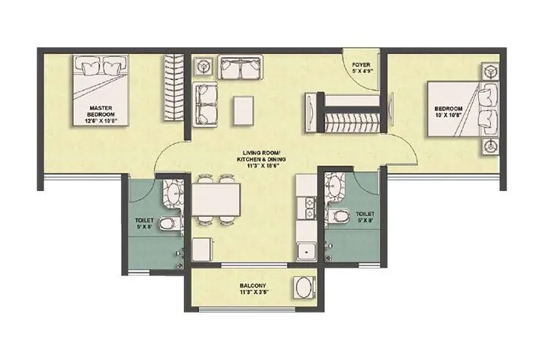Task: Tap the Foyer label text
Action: tap(361, 66)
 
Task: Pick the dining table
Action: tap(216, 199)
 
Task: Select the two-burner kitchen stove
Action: tap(308, 208)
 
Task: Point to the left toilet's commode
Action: tap(171, 224)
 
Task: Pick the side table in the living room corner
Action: tap(203, 67)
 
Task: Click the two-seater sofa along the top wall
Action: tap(240, 67)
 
